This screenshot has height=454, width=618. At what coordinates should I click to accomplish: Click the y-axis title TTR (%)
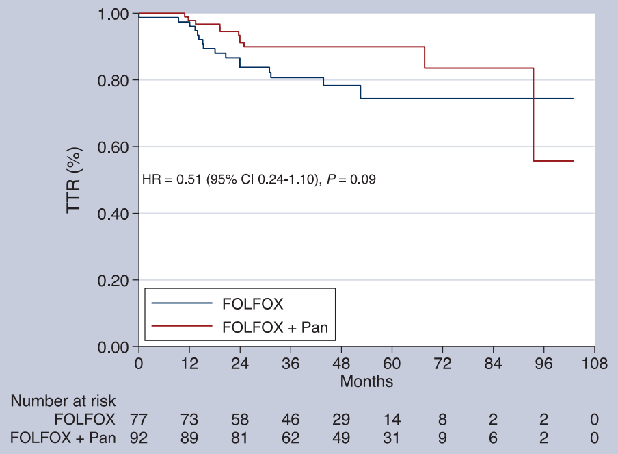74,180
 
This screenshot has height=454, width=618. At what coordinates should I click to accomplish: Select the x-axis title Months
366,381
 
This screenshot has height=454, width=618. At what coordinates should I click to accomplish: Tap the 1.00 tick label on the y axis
113,14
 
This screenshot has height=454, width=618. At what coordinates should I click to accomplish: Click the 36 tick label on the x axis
291,364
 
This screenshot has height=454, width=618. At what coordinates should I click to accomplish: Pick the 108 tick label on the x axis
594,364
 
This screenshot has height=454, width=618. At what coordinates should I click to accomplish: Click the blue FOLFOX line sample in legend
182,303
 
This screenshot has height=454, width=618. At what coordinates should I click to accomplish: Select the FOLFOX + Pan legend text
275,327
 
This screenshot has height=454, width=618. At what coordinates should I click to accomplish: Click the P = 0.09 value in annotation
351,179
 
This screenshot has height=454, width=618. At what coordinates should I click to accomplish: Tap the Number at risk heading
63,401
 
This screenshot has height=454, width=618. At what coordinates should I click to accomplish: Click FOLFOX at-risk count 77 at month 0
138,419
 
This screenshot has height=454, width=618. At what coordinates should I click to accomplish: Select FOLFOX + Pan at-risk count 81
240,438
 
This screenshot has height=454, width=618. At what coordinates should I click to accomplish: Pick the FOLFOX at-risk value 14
392,419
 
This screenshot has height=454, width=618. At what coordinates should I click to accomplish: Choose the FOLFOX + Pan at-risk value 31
392,438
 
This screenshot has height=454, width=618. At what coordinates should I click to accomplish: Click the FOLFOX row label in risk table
85,419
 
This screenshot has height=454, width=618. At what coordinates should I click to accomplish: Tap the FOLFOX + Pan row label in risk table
63,438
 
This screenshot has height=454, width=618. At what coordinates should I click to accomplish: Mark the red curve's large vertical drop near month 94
533,114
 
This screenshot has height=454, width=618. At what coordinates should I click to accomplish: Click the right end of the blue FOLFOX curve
573,99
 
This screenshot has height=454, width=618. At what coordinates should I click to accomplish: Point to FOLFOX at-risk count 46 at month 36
291,419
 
